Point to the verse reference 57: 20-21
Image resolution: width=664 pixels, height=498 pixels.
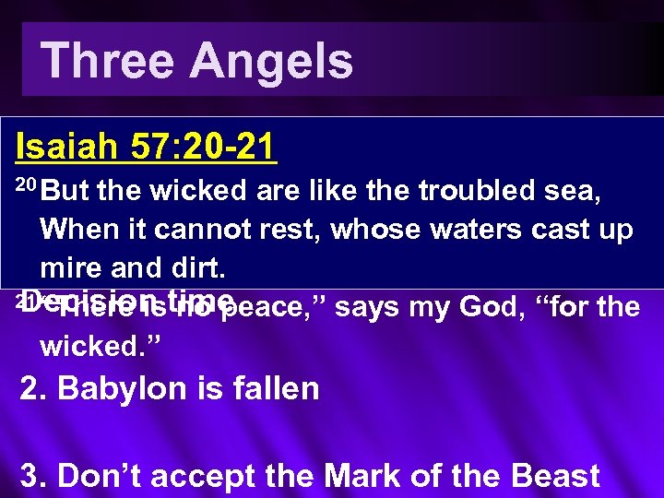[204, 147]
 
